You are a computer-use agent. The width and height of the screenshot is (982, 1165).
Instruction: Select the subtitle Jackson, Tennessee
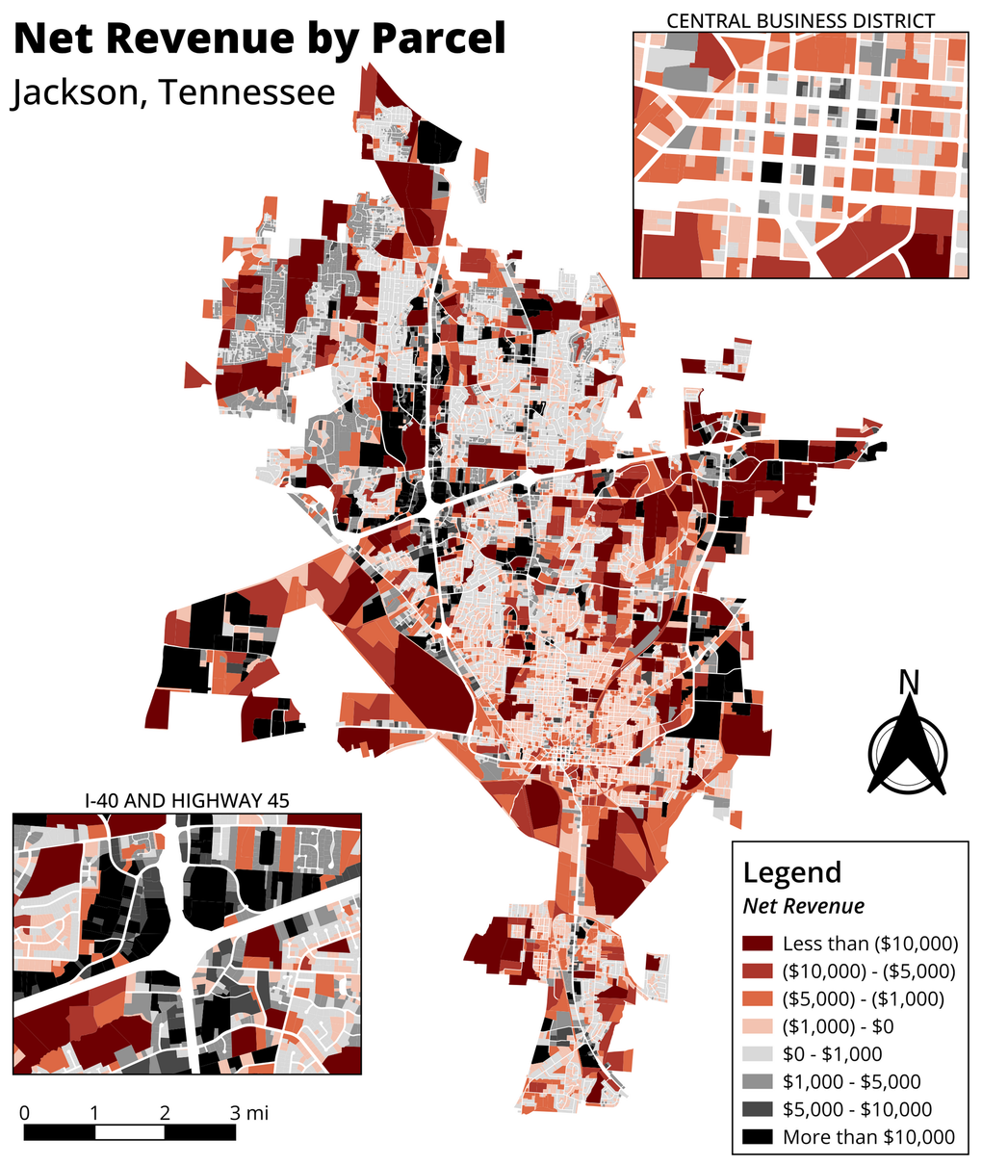(173, 92)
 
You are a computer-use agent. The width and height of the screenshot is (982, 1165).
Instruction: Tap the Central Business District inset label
(800, 20)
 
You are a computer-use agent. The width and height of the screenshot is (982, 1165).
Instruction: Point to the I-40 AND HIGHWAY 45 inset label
(187, 799)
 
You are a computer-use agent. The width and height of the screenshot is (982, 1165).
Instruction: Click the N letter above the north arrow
(908, 682)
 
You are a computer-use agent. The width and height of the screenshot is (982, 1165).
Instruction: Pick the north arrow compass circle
(908, 754)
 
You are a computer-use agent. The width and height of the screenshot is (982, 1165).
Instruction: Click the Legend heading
(791, 872)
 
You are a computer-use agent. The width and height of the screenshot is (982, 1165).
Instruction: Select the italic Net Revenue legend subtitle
(803, 906)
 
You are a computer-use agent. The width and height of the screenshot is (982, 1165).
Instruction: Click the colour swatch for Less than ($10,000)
(757, 944)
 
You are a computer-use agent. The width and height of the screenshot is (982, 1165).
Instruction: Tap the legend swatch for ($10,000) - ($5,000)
(757, 971)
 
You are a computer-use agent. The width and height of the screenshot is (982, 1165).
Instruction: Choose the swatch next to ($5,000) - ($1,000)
(757, 998)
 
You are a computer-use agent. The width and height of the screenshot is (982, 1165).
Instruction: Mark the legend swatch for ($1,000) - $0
(757, 1026)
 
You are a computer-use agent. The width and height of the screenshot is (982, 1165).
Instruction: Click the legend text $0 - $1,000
(832, 1054)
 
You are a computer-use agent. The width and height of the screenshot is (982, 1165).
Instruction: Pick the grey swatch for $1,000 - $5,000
(757, 1082)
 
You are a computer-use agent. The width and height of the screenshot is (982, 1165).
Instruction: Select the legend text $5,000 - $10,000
(857, 1109)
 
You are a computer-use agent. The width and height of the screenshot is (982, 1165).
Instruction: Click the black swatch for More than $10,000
(757, 1137)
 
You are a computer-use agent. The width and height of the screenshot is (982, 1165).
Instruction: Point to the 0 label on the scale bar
(24, 1113)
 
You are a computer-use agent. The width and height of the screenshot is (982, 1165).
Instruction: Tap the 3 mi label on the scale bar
(249, 1113)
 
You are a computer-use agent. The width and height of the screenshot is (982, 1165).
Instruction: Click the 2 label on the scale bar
(166, 1113)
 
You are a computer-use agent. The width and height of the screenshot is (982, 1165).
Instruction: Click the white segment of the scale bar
(130, 1132)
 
